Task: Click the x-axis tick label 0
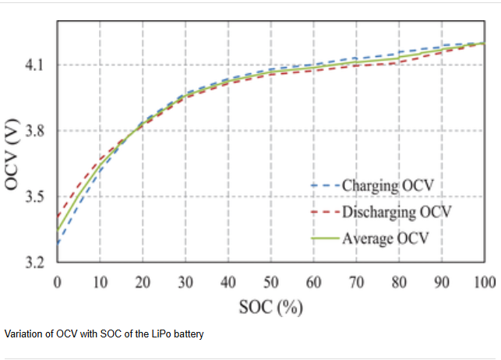(x=57, y=281)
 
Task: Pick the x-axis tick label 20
(x=143, y=281)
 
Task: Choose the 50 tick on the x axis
(x=271, y=281)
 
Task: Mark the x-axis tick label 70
(x=357, y=281)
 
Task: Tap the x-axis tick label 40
(x=228, y=281)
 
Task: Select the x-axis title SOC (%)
(x=270, y=307)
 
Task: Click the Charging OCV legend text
(x=388, y=186)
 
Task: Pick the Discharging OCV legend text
(x=397, y=211)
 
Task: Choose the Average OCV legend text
(x=386, y=237)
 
